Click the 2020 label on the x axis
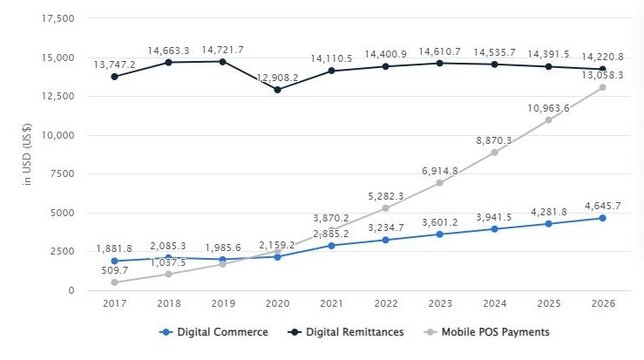coord(277,304)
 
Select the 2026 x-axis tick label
coord(603,304)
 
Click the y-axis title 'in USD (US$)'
coord(28,154)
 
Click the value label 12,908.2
coord(277,77)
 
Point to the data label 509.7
coord(115,270)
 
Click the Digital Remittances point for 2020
coord(277,90)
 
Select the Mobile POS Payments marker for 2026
coord(603,87)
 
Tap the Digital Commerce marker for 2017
coord(115,261)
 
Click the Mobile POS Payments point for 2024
coord(494,153)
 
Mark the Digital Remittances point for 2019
coord(223,62)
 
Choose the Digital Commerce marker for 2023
coord(440,234)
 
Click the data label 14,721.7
coord(223,50)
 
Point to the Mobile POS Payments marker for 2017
coord(115,282)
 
